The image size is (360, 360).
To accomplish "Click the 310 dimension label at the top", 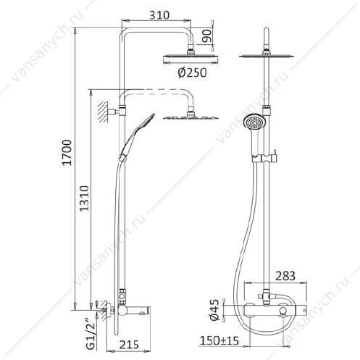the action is pos(159,15).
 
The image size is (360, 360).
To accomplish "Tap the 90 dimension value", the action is pos(207,36).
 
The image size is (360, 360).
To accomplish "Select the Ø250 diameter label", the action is pos(192,72).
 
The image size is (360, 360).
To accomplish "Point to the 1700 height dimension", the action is pos(67,152).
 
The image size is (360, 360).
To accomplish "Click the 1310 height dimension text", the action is pos(84,198).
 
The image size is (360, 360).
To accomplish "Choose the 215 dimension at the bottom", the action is pos(129,345).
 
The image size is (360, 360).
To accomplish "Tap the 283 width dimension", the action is pos(285,276).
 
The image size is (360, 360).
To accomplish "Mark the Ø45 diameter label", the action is pos(214,310).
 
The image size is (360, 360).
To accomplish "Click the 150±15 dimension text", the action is pos(219,340).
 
